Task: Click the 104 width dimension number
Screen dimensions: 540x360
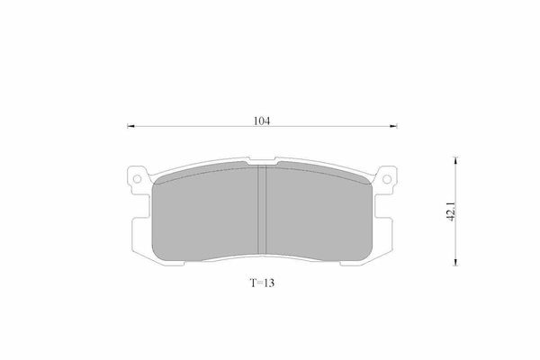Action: (262, 121)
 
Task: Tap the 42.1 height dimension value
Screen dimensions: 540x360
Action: (452, 211)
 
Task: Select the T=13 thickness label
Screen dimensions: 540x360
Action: (262, 283)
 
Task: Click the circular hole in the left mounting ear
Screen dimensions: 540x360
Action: (137, 179)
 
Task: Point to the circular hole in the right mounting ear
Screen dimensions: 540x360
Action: (387, 179)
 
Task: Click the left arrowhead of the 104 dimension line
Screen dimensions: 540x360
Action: (130, 126)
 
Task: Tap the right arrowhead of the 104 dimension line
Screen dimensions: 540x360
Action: (393, 126)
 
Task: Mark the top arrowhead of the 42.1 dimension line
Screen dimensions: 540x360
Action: (455, 160)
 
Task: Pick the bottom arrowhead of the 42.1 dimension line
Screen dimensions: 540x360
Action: (455, 262)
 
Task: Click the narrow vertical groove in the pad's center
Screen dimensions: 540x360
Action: (262, 210)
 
